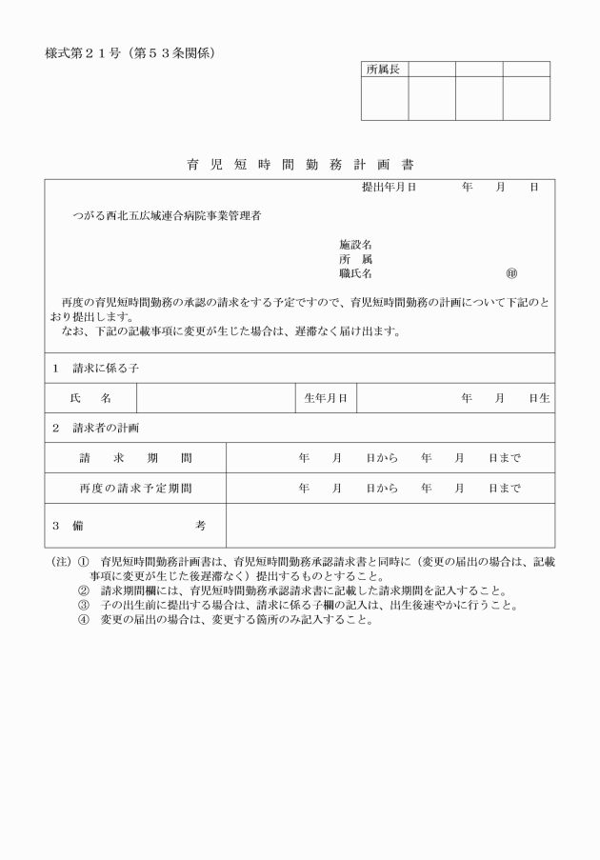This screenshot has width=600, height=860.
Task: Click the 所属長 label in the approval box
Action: pyautogui.click(x=384, y=70)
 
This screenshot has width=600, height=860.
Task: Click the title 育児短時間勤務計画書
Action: pyautogui.click(x=300, y=165)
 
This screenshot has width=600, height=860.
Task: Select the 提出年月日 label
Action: pyautogui.click(x=390, y=188)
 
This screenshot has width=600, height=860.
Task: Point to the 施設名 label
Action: pyautogui.click(x=355, y=244)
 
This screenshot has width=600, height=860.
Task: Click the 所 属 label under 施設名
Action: pyautogui.click(x=355, y=259)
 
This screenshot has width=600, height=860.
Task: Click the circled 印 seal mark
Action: pyautogui.click(x=511, y=274)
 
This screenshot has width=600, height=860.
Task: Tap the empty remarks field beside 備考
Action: pyautogui.click(x=390, y=525)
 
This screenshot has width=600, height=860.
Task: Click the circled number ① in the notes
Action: pyautogui.click(x=83, y=562)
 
